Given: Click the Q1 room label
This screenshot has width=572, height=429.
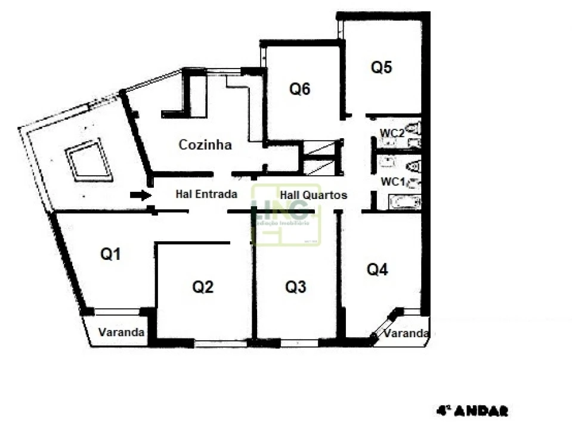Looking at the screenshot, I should [110, 254].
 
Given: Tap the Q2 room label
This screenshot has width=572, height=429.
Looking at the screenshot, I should [203, 287].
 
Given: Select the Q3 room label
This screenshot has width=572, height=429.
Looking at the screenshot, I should [295, 287].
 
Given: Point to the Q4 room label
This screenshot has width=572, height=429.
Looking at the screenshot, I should [377, 270].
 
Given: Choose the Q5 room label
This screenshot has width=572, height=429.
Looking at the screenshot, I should [381, 67].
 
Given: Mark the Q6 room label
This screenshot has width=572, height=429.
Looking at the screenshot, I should [300, 89].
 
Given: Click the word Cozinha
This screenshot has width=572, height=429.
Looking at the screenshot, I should [205, 145].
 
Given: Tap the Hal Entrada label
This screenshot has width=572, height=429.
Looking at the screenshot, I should [206, 194].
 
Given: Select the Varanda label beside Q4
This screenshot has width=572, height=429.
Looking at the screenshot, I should [406, 333].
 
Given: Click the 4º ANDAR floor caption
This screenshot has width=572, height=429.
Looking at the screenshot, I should [472, 411].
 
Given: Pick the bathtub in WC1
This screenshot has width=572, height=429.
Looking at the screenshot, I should [404, 202].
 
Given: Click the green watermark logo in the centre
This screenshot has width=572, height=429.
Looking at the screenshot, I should [286, 215].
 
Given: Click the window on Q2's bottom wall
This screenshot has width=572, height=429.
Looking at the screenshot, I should [220, 343].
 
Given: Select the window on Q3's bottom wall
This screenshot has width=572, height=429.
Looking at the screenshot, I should [299, 343].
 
